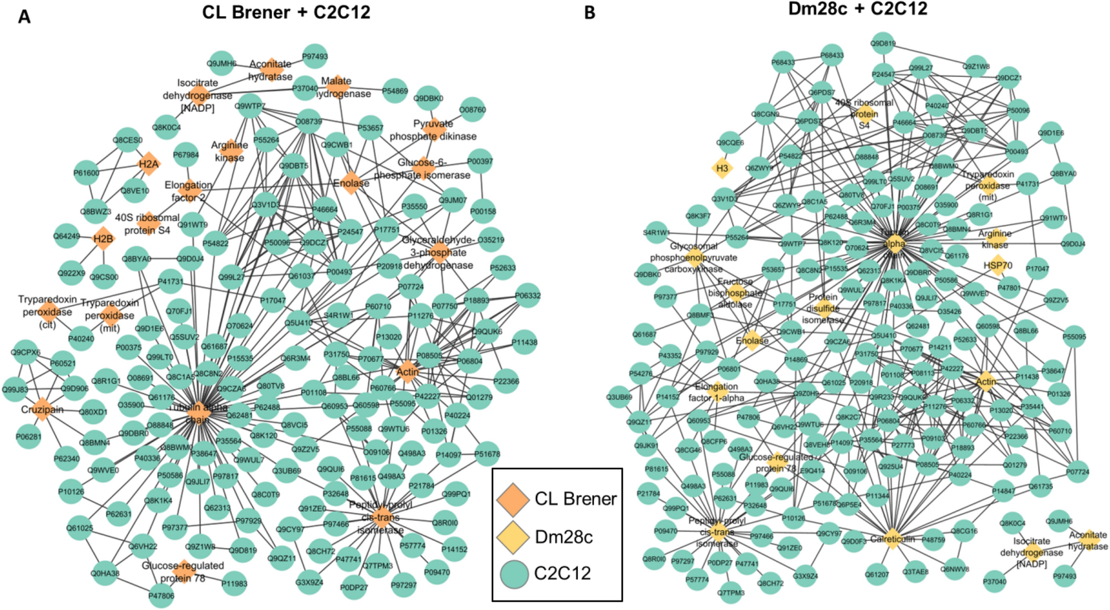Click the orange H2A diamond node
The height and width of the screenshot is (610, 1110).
click(148, 164)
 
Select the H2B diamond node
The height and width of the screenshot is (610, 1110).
click(103, 239)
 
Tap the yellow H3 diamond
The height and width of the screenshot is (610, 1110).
click(722, 168)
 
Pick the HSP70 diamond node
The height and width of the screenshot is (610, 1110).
click(997, 266)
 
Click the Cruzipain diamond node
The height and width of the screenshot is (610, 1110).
click(42, 409)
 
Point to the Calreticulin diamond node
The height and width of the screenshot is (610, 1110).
click(892, 539)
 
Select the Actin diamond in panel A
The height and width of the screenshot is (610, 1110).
click(408, 371)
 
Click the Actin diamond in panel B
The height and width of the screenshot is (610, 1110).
click(986, 381)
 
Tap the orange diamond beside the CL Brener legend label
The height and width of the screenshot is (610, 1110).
click(513, 498)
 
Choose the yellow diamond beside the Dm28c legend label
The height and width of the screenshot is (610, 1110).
click(513, 536)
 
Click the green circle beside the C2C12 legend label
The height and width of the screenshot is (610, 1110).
click(514, 573)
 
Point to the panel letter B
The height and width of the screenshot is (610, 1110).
click(590, 13)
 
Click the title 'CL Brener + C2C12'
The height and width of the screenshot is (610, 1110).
click(286, 12)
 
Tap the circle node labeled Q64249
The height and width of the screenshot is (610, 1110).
click(66, 236)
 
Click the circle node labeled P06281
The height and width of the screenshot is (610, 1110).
click(28, 437)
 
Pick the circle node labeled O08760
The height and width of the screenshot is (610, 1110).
click(472, 110)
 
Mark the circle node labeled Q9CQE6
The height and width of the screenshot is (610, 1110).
click(730, 143)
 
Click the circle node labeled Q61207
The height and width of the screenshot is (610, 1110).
click(877, 575)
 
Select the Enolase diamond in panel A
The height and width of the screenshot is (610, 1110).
click(351, 183)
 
